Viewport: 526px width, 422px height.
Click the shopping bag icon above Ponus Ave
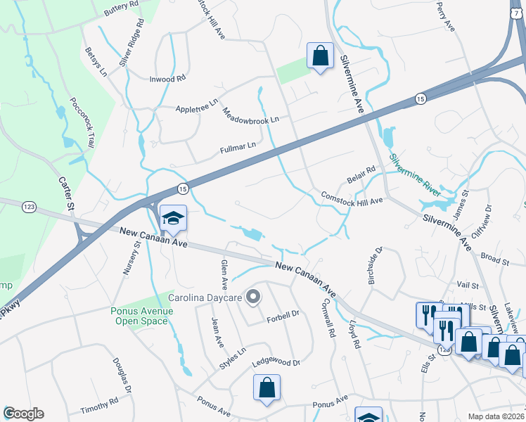(x=267, y=388)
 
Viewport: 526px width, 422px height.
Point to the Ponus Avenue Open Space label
(x=139, y=316)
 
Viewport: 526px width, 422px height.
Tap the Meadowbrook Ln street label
(x=251, y=115)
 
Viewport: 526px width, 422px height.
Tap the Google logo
(x=23, y=414)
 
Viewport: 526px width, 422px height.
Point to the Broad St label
(x=495, y=260)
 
